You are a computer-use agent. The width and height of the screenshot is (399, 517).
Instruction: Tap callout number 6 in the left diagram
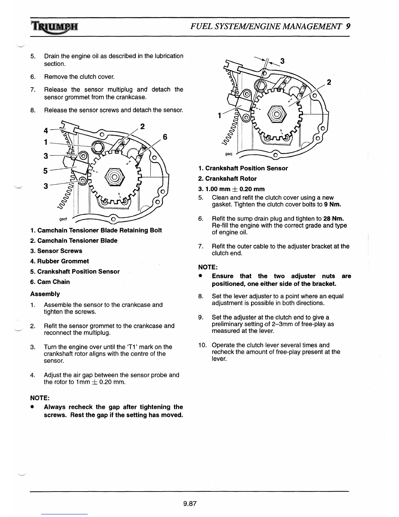tap(165, 137)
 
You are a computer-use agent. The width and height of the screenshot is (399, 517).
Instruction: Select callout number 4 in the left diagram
tap(46, 131)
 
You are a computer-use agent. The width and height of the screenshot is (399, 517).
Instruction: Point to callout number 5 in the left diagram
tap(46, 171)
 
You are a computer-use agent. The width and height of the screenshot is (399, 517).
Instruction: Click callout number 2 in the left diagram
tap(142, 127)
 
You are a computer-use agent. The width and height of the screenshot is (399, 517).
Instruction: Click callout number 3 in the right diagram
tap(282, 61)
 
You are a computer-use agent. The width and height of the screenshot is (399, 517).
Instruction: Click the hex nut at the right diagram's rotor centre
tap(277, 115)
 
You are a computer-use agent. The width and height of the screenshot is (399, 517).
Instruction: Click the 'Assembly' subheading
tap(45, 294)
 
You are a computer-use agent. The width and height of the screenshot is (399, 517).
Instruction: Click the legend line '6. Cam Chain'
tap(50, 282)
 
